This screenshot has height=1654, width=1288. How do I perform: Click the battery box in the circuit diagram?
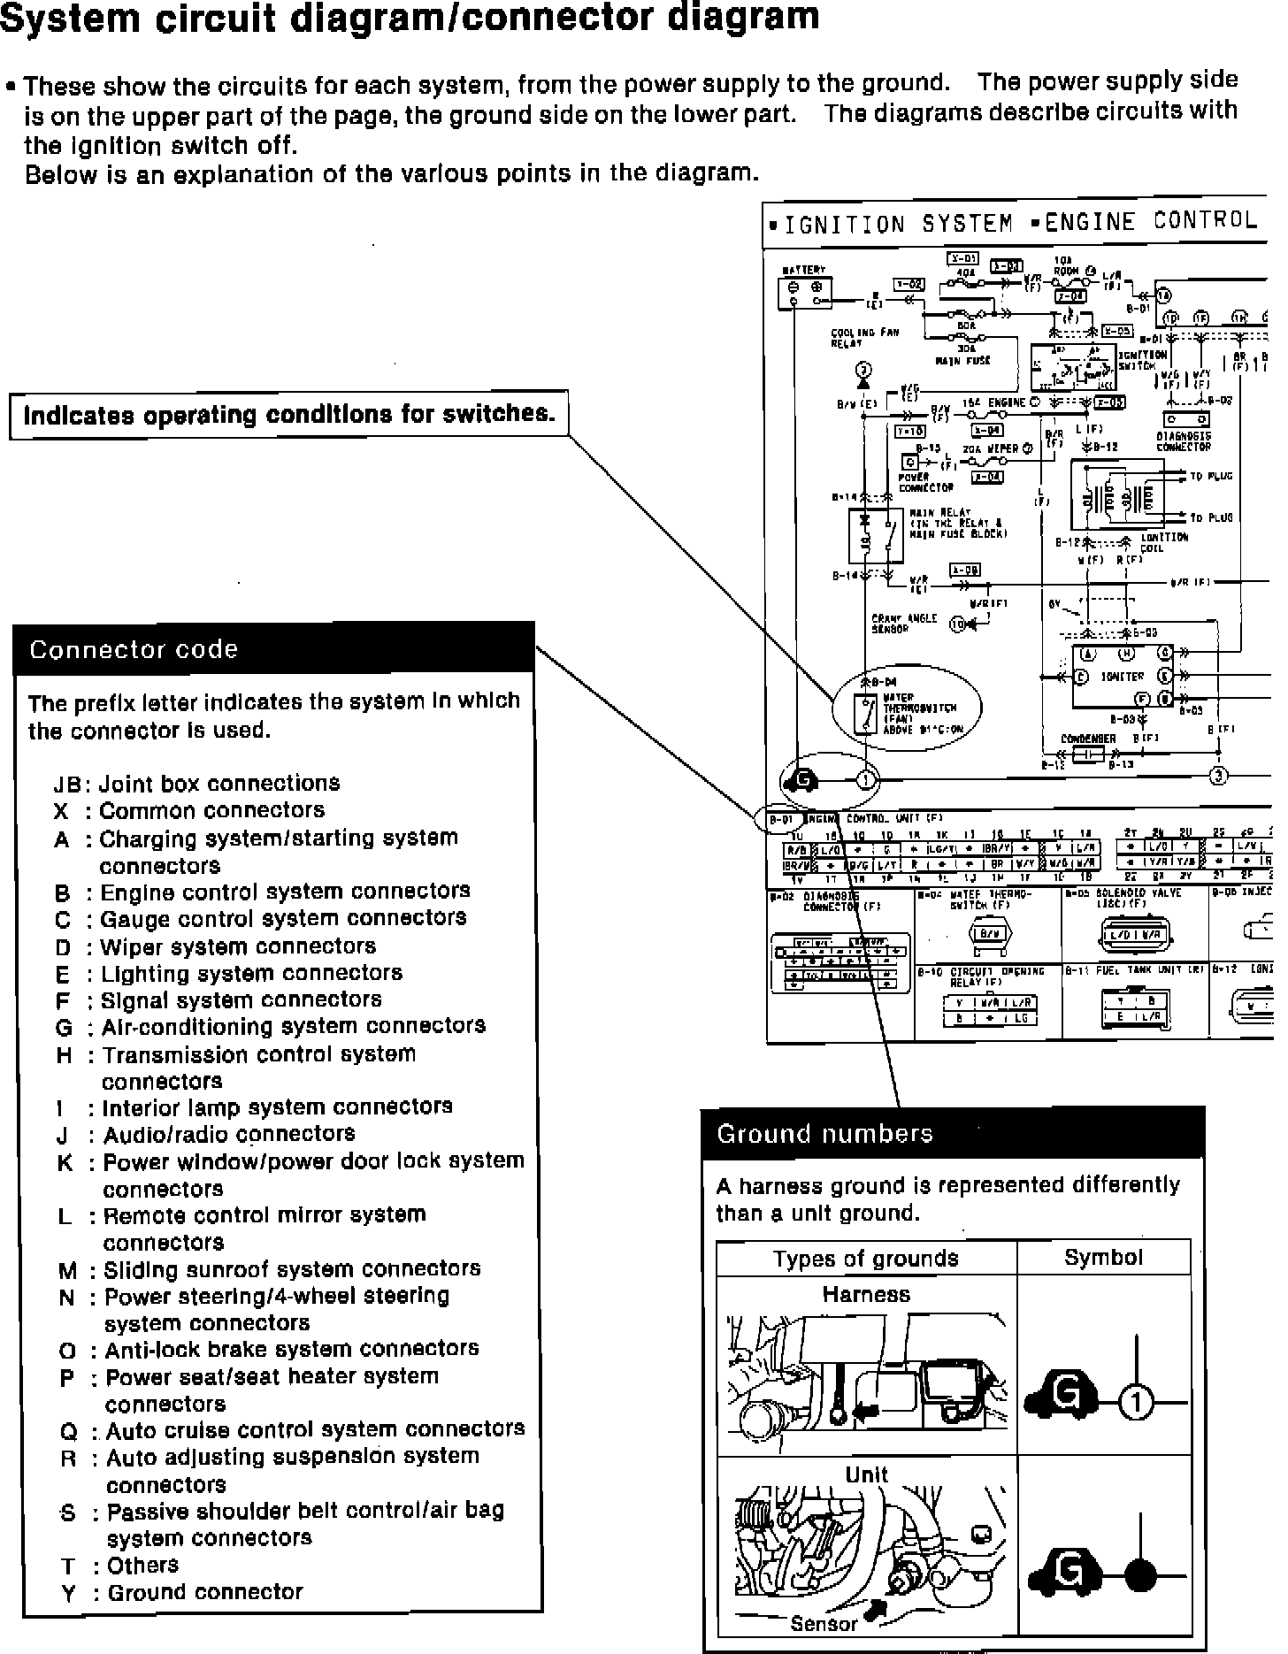click(x=804, y=293)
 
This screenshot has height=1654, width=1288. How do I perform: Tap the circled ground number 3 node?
click(x=1218, y=777)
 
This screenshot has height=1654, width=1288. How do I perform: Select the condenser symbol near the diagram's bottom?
click(x=1089, y=754)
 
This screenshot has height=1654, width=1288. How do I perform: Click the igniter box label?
click(x=1123, y=677)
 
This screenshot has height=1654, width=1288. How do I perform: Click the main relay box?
click(x=876, y=536)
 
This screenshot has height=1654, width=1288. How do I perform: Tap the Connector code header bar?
click(x=274, y=649)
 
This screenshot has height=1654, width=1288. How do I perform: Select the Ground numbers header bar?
click(x=953, y=1134)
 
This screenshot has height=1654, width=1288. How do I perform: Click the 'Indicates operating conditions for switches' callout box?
click(x=288, y=415)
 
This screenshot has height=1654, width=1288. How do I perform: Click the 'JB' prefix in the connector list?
click(x=67, y=785)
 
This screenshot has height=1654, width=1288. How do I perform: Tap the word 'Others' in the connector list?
click(x=142, y=1565)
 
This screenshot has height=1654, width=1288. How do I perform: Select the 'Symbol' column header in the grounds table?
click(x=1103, y=1258)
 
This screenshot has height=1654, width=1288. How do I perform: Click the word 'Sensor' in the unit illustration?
click(x=824, y=1623)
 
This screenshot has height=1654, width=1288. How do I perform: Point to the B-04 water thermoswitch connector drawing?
click(x=987, y=936)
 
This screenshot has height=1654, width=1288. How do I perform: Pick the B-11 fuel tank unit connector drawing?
click(x=1135, y=1009)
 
